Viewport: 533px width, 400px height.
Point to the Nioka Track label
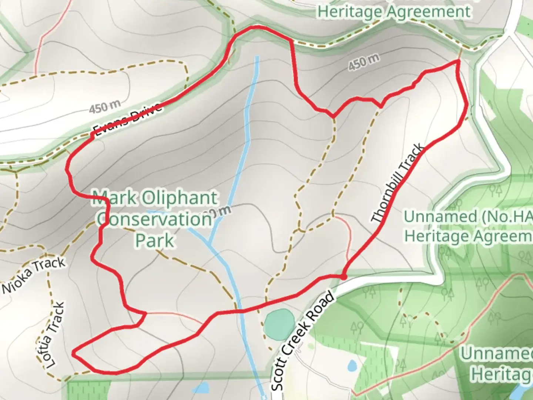coord(34,276)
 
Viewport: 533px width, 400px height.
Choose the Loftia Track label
coord(56,336)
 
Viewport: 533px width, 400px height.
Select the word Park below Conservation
coord(154,241)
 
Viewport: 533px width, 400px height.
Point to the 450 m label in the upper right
coord(364,62)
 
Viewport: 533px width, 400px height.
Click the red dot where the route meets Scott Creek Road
coord(343,277)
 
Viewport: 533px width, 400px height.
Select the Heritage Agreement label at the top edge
coord(394,11)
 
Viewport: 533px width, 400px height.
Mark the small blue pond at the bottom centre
coord(201,388)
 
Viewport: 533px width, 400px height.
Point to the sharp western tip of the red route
coord(73,354)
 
